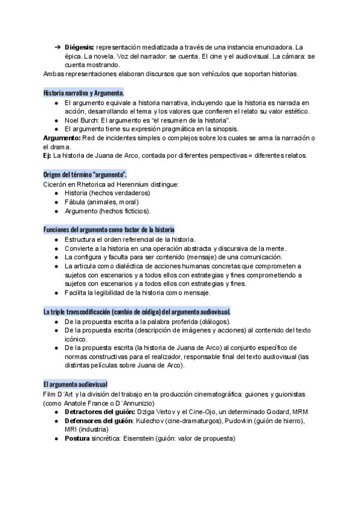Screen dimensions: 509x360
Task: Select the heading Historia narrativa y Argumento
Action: pyautogui.click(x=84, y=93)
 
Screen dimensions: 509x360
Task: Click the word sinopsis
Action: pyautogui.click(x=223, y=128)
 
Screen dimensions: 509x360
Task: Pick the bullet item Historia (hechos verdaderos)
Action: pyautogui.click(x=107, y=193)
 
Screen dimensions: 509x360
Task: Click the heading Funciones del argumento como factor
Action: pyautogui.click(x=109, y=230)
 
